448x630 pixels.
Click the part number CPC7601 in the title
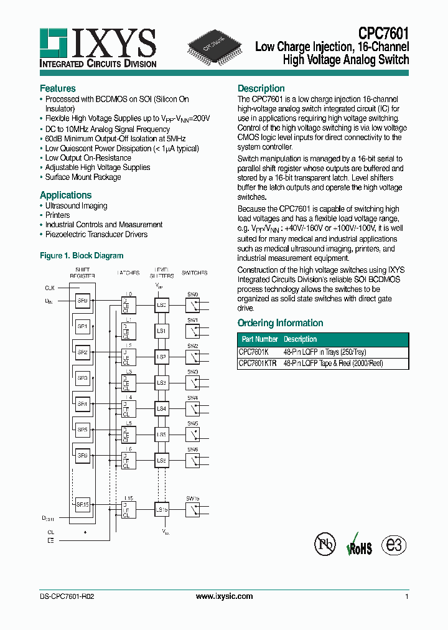(383, 33)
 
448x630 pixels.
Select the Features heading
(58, 88)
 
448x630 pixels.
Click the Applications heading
(65, 195)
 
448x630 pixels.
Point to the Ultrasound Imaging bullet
(76, 206)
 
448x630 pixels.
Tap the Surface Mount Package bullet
(83, 177)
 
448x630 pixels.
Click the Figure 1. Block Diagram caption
(82, 256)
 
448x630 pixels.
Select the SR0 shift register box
(83, 299)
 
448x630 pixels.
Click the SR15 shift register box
(83, 505)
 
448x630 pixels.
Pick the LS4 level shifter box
(161, 408)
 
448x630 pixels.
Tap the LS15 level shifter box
(161, 510)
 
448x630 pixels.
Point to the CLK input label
(50, 288)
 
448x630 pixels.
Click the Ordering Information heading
(280, 323)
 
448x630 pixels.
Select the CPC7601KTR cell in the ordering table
(258, 364)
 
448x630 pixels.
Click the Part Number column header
(259, 340)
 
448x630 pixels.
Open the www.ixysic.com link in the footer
(224, 596)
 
